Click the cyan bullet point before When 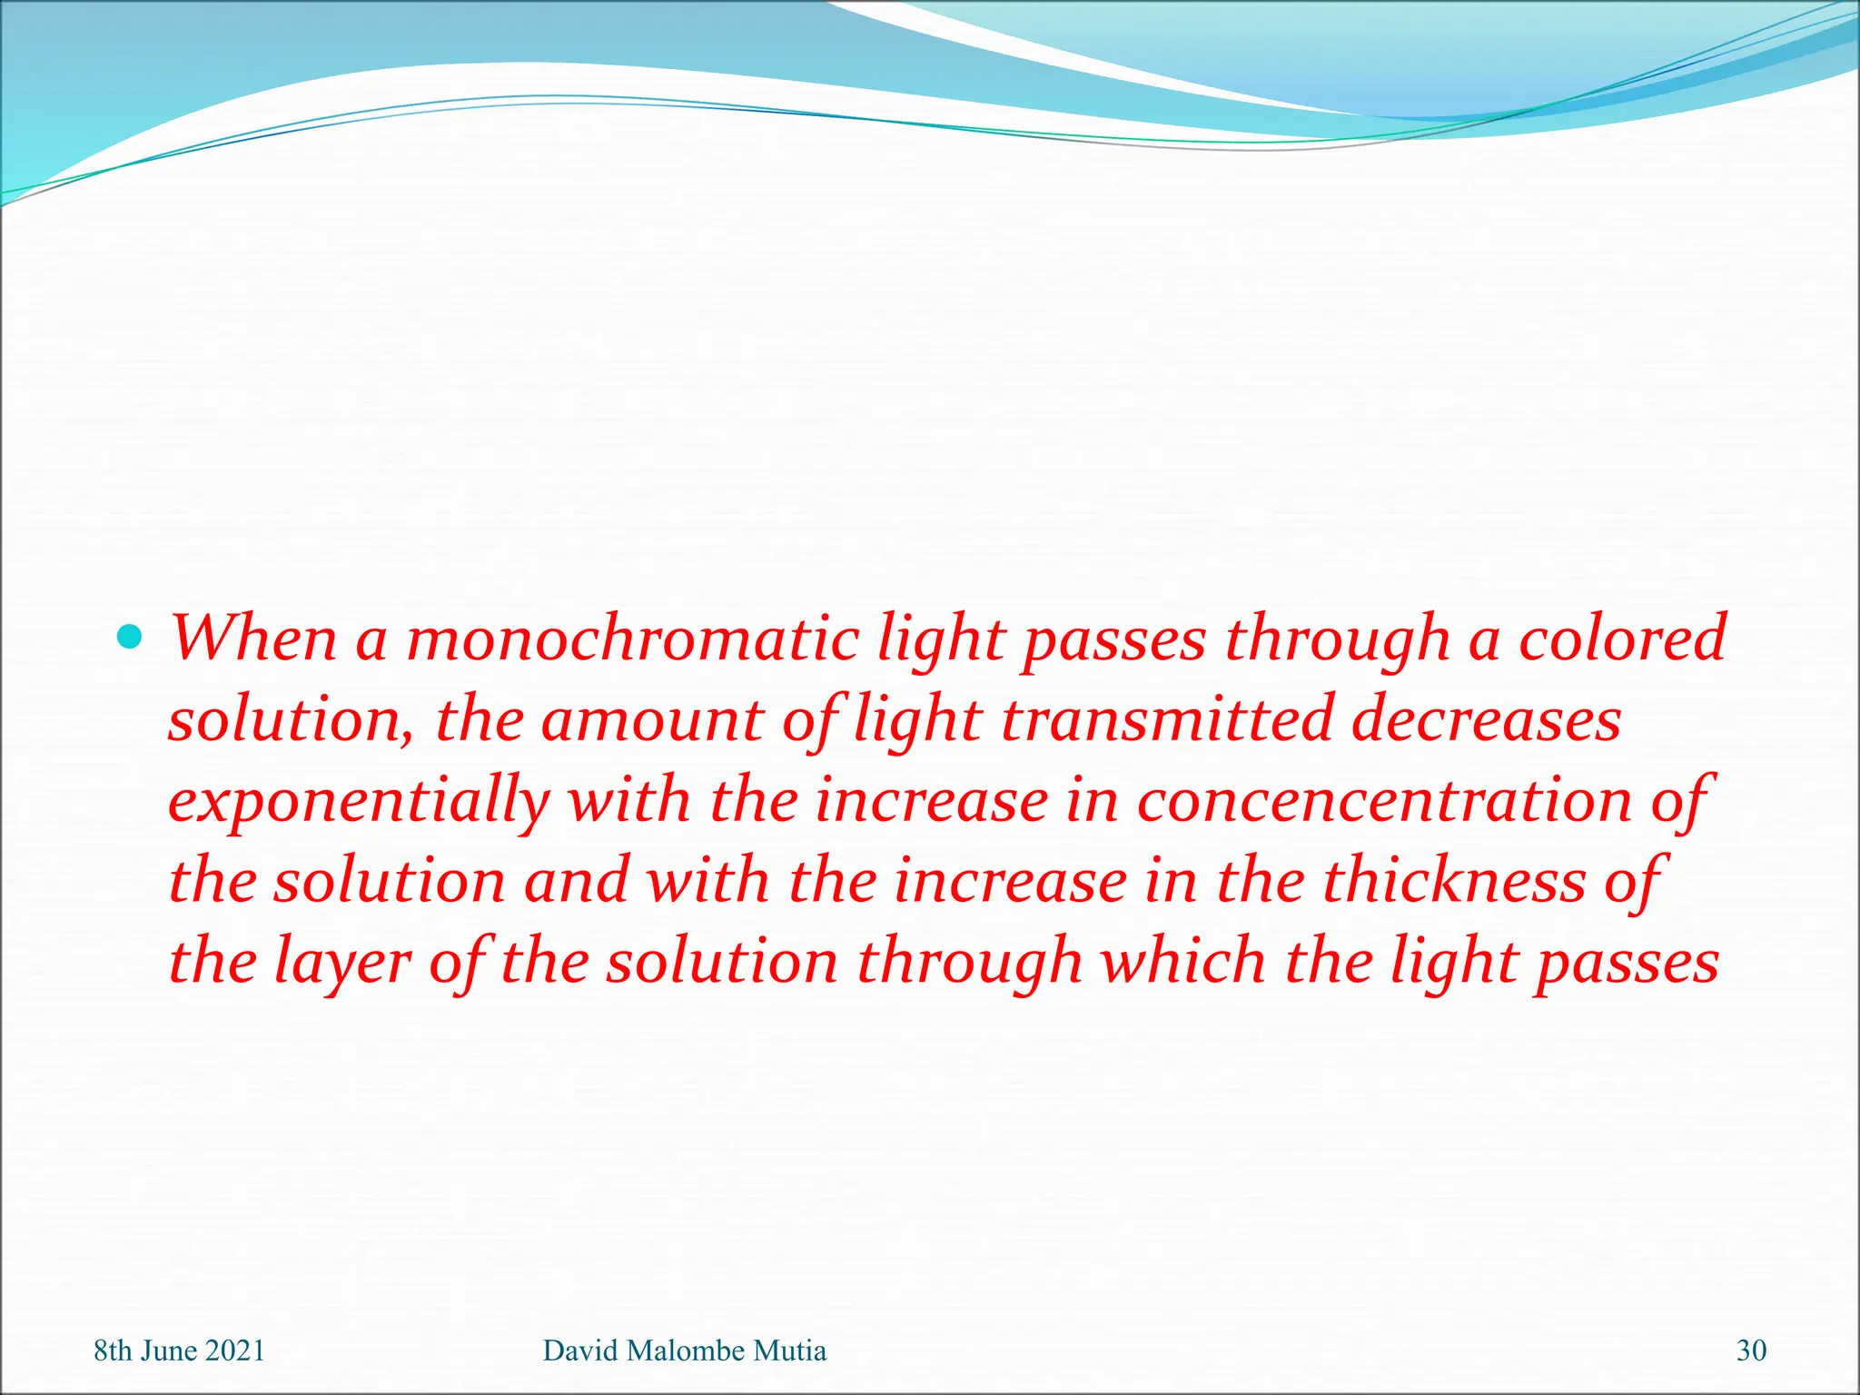(131, 638)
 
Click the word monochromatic (632, 639)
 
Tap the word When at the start (254, 639)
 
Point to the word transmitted (1167, 720)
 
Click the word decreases (1486, 720)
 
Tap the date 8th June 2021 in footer (179, 1350)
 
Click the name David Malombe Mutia (684, 1350)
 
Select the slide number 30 (1751, 1350)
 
